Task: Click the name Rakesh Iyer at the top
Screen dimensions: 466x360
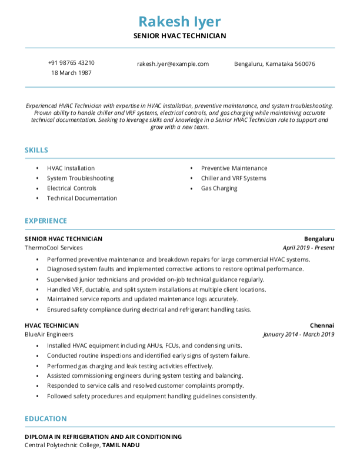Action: click(x=179, y=22)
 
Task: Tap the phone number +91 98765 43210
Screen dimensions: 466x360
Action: click(x=71, y=63)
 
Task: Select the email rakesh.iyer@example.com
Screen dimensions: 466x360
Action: click(x=173, y=64)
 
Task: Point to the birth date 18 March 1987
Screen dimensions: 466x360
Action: click(x=71, y=73)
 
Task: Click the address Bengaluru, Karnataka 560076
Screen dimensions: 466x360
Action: click(x=274, y=64)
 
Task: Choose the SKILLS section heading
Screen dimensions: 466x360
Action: click(x=36, y=150)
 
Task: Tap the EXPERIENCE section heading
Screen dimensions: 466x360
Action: click(x=46, y=221)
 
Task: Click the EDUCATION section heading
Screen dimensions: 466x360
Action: click(x=45, y=418)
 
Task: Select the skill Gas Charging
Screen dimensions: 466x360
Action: click(x=219, y=188)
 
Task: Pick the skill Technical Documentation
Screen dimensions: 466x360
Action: click(x=82, y=198)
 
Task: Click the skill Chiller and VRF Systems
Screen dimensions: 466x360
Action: click(x=234, y=178)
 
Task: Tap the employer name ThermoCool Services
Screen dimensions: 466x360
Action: click(x=54, y=248)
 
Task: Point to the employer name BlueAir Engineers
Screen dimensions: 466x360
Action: click(x=49, y=334)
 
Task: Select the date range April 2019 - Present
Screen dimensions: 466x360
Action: click(x=308, y=248)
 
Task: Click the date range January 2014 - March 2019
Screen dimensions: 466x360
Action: click(x=298, y=334)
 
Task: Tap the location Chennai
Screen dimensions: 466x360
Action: click(x=322, y=325)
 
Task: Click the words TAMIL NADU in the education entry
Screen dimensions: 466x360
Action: click(x=121, y=445)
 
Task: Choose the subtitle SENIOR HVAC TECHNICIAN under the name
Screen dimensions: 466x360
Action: click(x=179, y=36)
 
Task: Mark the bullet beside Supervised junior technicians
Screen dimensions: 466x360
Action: click(x=38, y=279)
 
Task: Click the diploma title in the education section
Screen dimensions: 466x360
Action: click(x=103, y=437)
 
